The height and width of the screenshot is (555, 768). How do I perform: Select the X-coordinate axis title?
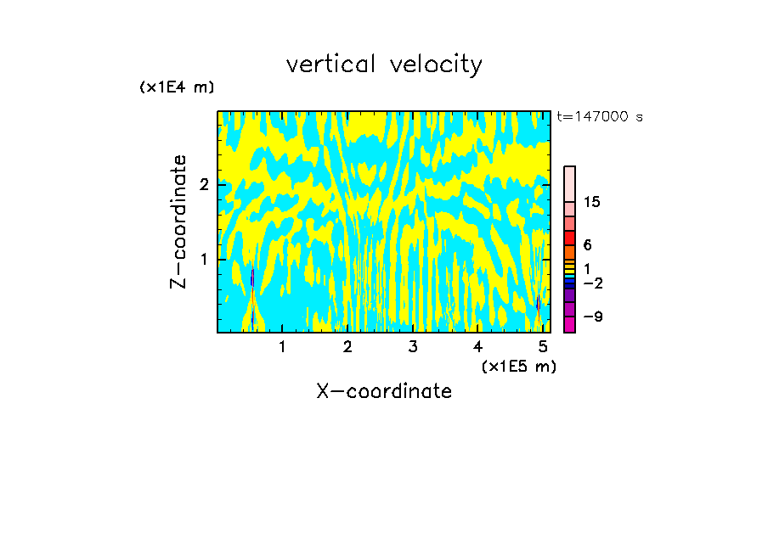(x=384, y=391)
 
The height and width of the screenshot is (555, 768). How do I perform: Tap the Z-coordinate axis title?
(x=178, y=221)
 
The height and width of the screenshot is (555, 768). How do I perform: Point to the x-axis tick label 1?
(x=282, y=346)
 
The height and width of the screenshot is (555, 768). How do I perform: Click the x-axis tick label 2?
(x=347, y=346)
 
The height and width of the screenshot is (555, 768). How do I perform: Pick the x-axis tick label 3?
(x=413, y=346)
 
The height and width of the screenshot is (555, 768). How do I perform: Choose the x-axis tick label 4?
(x=477, y=346)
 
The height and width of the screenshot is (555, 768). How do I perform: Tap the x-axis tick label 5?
(x=543, y=346)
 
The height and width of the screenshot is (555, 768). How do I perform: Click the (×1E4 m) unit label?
(x=177, y=87)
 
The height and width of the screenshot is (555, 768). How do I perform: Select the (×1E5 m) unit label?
(x=518, y=366)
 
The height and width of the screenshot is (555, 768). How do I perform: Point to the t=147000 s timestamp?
(x=600, y=116)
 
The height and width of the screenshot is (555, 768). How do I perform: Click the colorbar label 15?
(x=592, y=202)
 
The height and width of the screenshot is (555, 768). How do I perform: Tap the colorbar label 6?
(x=587, y=244)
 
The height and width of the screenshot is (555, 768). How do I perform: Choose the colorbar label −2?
(x=592, y=283)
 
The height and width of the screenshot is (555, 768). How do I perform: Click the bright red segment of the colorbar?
(x=569, y=238)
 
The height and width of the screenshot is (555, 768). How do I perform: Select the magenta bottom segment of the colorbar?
(x=569, y=324)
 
